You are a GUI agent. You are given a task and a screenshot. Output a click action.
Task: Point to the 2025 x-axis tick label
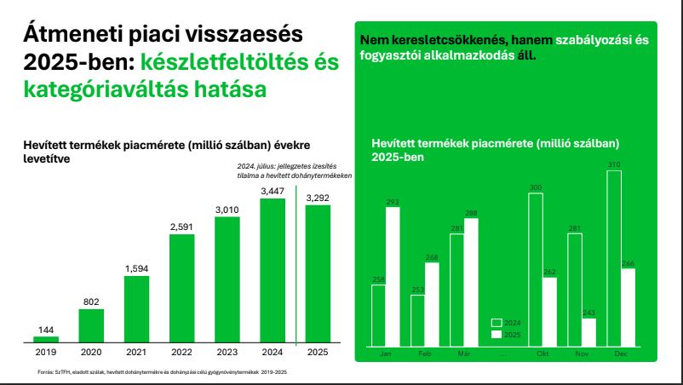(318, 352)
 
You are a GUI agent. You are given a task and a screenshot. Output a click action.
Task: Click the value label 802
(92, 302)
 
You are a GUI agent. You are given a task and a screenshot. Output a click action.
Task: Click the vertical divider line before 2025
(295, 264)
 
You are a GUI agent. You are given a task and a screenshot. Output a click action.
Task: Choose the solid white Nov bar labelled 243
(588, 332)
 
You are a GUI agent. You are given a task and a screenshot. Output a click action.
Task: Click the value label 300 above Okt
(536, 187)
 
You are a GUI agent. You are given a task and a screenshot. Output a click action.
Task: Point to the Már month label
(464, 353)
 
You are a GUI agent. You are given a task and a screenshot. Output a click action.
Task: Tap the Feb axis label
(425, 353)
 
